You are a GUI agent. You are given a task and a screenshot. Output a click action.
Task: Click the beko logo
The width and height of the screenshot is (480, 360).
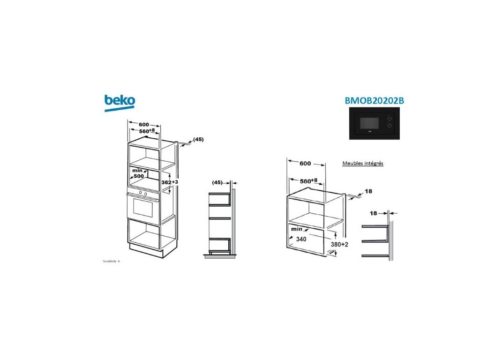point(120,102)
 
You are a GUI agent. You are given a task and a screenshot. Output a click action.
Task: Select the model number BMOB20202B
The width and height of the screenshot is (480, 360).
point(374,101)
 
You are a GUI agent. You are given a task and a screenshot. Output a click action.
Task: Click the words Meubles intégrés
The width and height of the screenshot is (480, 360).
point(363,164)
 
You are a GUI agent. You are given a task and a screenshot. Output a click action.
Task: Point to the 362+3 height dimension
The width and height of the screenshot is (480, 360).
point(170,181)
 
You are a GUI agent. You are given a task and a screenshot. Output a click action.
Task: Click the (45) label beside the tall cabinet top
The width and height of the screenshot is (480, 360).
point(198,139)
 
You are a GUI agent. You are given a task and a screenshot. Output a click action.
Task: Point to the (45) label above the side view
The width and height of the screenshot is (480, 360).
point(217,182)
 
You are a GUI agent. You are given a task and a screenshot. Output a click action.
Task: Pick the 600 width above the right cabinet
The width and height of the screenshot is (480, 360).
point(305,164)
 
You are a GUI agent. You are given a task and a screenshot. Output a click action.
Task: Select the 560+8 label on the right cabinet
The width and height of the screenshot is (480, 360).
point(308,180)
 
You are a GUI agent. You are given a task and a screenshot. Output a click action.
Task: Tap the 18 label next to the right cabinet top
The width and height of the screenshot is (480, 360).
point(368,191)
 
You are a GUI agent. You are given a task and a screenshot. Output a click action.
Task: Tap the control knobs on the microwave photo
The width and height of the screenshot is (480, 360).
point(389,124)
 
